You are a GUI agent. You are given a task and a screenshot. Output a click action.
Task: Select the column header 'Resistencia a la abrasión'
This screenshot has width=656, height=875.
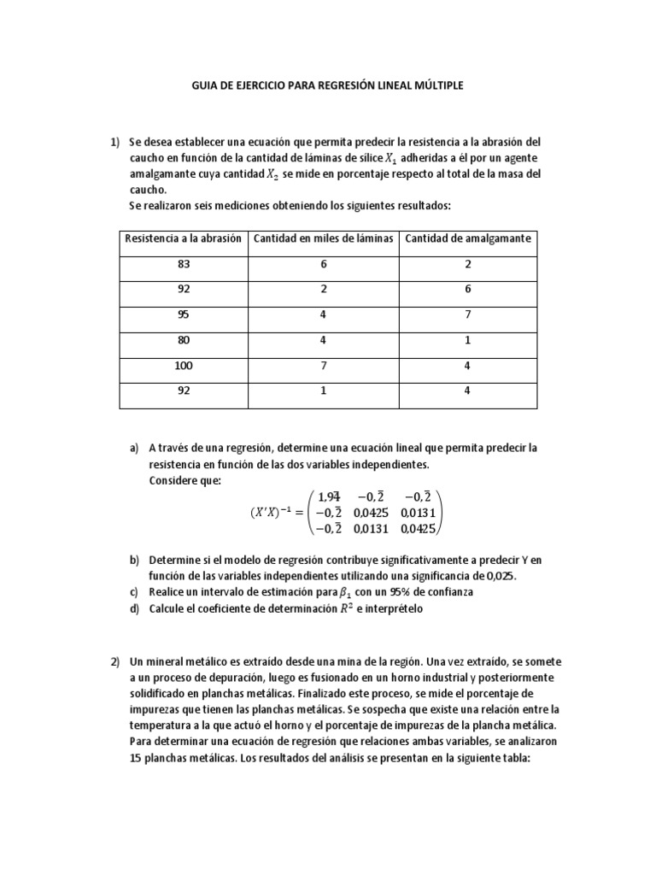click(x=184, y=238)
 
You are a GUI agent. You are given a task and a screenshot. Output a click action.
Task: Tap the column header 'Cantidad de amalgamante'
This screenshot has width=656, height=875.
click(x=468, y=238)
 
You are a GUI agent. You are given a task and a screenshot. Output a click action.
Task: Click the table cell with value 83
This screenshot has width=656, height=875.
click(x=184, y=264)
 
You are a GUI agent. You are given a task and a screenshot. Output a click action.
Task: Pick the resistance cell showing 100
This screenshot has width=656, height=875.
click(x=184, y=366)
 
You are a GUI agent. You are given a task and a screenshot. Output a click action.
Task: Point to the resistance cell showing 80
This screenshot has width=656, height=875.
click(x=184, y=340)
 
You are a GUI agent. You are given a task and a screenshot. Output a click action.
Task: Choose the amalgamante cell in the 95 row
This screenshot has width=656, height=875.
click(x=468, y=315)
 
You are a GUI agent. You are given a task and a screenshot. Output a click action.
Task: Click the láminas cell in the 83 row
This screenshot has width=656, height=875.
click(x=324, y=264)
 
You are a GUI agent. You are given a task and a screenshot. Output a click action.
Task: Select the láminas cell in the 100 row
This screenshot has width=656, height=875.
click(x=324, y=366)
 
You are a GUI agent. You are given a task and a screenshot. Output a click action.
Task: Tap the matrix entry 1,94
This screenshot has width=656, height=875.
click(x=329, y=496)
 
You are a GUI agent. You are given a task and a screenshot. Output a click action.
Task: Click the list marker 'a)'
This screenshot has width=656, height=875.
click(x=134, y=448)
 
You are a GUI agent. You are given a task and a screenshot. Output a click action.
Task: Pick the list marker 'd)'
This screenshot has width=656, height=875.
click(x=134, y=608)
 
